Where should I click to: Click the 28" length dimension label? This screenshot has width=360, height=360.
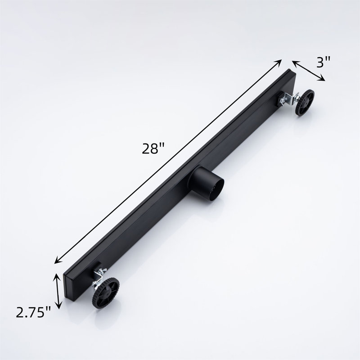(153, 148)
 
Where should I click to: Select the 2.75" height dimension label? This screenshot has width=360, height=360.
(33, 312)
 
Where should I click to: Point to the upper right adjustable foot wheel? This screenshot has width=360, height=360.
(305, 103)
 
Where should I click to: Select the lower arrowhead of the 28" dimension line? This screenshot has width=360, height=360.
(58, 261)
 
